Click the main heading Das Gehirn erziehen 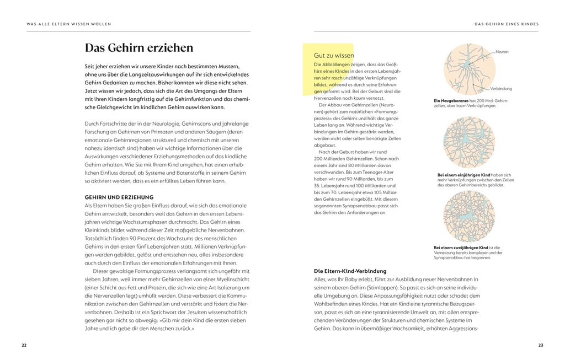pos(138,48)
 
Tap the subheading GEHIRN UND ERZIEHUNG pos(119,197)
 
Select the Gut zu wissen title pos(333,56)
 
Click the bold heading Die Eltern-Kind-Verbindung pos(350,271)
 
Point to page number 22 pos(24,345)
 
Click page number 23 pos(541,345)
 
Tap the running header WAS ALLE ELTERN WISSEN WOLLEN pos(68,24)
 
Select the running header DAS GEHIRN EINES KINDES pos(507,24)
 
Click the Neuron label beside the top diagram pos(502,52)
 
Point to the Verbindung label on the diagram pos(500,88)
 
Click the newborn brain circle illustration pos(469,69)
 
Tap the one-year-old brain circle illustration pos(469,142)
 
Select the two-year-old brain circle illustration pos(469,216)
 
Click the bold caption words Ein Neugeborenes pos(451,100)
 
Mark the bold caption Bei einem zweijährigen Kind pos(461,248)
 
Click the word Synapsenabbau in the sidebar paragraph pos(356,205)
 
